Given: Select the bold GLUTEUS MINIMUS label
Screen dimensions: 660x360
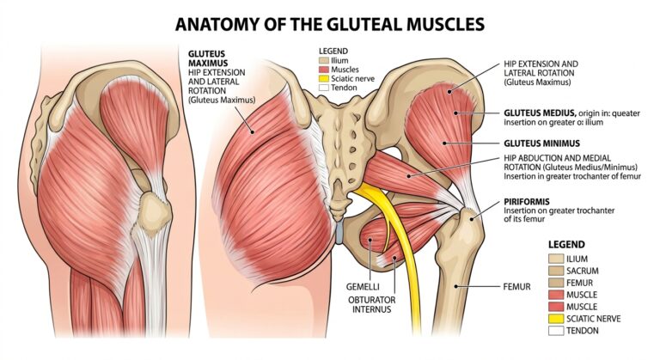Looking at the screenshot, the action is [x=541, y=143].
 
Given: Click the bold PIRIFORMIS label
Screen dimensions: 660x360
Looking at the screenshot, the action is [x=527, y=202].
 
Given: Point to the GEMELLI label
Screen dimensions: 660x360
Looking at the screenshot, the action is [x=363, y=287].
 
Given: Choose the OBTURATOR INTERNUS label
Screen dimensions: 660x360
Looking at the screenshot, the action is [x=371, y=305].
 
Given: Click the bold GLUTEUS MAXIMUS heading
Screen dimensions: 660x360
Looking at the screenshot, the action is [x=207, y=58].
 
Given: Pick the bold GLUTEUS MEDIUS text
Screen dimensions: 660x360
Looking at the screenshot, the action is [x=540, y=113].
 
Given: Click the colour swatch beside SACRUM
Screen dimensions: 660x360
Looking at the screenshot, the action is [x=556, y=271].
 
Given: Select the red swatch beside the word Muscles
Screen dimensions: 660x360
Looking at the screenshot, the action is [x=323, y=70].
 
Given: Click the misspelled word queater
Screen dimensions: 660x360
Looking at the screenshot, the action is [x=626, y=113].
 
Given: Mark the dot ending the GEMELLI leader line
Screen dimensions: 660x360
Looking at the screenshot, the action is [x=370, y=240].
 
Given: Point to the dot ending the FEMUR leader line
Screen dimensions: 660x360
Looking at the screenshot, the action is [x=455, y=286].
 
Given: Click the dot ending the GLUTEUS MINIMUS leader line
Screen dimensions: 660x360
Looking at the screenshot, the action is [x=444, y=143].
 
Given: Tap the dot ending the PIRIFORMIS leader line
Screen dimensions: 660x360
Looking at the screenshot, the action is [x=473, y=217].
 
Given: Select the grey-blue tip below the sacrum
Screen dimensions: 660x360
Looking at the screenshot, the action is [x=339, y=232].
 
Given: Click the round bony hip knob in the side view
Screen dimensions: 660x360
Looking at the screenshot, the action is [x=155, y=211].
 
